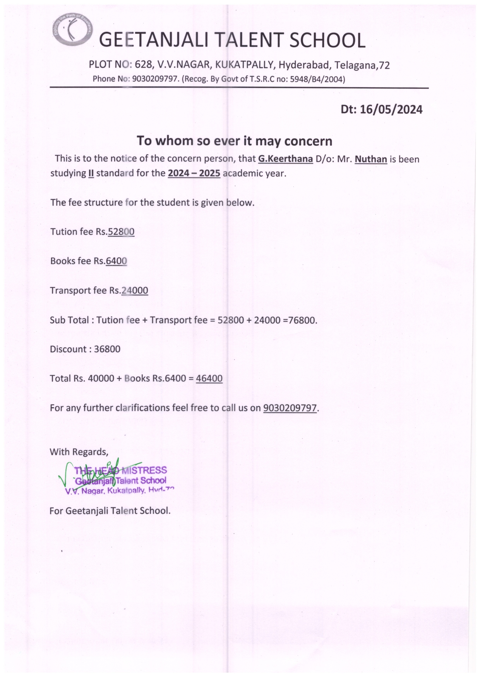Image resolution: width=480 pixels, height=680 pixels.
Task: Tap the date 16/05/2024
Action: coord(391,110)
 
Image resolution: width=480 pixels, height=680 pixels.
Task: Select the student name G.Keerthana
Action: coord(285,159)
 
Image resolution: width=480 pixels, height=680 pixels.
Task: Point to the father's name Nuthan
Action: coord(371,159)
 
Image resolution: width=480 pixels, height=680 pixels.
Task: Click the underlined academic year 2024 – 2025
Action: coord(194,173)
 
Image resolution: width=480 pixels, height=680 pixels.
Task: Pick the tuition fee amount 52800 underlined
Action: coord(121,232)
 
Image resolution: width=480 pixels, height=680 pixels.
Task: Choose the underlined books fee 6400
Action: coord(116,261)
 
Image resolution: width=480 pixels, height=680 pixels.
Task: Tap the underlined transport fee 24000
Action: coord(135,291)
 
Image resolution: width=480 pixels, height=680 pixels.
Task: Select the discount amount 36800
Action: coord(107,349)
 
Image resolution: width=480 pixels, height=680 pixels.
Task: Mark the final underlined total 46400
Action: coord(209,378)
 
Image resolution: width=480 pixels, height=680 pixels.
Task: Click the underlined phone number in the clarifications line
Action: coord(290,408)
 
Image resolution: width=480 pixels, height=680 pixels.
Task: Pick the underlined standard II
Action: coord(91,173)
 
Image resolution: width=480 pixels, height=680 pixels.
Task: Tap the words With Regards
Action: coord(79,452)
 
